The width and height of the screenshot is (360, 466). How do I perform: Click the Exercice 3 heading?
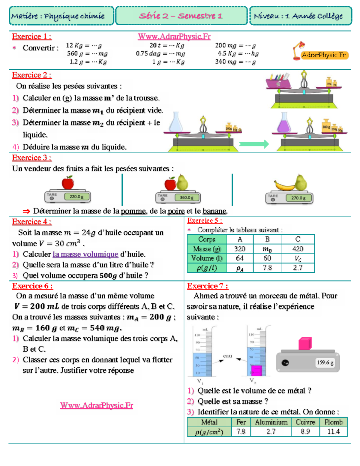point(31,158)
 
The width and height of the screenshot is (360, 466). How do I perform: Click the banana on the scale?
point(284,186)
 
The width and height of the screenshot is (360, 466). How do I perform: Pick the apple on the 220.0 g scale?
point(68,182)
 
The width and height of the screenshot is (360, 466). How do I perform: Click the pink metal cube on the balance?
point(305,344)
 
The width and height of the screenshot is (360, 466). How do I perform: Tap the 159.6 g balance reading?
point(325,362)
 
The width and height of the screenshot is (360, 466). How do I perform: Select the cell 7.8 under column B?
point(267,268)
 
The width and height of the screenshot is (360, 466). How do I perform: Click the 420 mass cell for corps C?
point(298,249)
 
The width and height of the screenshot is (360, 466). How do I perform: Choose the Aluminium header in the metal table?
point(271,422)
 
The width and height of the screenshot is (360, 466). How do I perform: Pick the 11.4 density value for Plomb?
point(333,431)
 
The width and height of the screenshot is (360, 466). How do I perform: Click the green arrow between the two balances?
point(254,144)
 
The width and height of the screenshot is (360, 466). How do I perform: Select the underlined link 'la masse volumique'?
point(85,254)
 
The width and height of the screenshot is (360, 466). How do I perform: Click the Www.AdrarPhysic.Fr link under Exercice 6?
point(96,405)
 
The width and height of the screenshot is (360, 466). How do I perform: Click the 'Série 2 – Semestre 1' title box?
point(181,16)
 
